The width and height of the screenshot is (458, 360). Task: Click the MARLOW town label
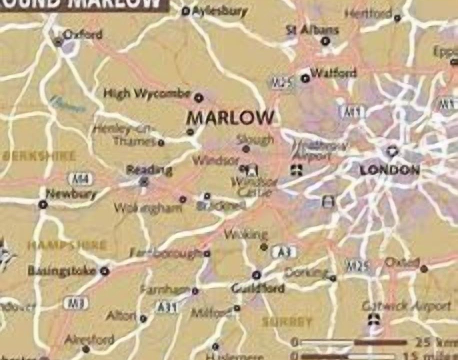point(230,118)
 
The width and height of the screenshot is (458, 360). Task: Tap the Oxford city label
point(82,34)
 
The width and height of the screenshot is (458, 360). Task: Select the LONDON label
point(389,170)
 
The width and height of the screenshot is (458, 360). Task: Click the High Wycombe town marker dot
point(198,97)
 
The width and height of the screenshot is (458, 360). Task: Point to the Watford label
point(333,73)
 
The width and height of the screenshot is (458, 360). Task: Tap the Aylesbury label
point(220,11)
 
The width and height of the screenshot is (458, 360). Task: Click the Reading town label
point(148,170)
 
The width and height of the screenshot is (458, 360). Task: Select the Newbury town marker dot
point(43,204)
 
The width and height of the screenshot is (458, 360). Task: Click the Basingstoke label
point(61,270)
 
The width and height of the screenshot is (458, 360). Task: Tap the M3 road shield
point(76,302)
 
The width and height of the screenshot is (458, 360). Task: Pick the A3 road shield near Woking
point(284,252)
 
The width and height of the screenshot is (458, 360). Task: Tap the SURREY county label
point(287,322)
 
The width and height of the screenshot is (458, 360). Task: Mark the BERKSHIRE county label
point(39,155)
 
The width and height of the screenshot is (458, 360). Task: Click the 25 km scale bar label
point(434,342)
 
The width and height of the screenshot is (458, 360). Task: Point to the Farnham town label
point(164,289)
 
